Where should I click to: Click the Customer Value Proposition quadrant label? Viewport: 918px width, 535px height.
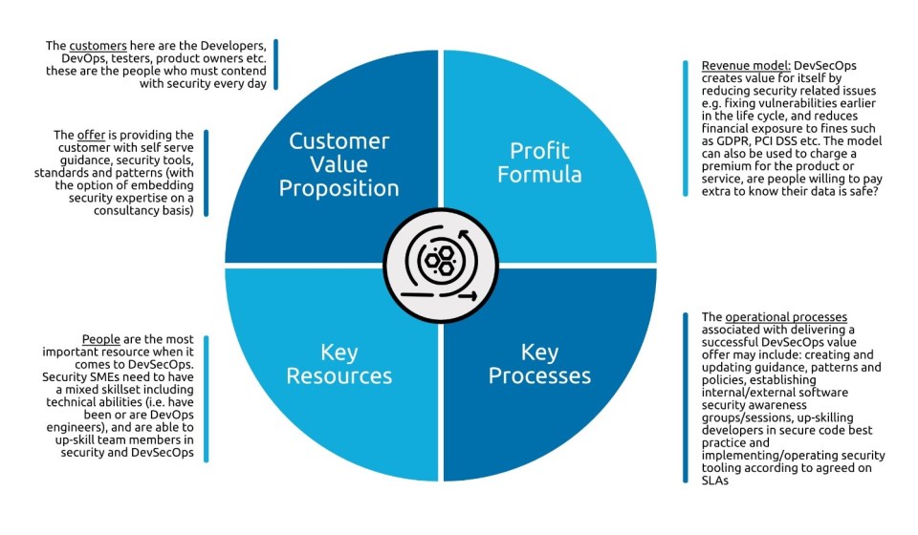tap(339, 164)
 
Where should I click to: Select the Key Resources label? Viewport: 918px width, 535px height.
tap(339, 364)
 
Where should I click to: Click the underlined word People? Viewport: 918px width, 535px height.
tap(99, 340)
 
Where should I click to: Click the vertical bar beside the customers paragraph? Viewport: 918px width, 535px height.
tap(275, 65)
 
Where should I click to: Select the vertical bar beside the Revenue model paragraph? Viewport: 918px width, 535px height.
tap(686, 127)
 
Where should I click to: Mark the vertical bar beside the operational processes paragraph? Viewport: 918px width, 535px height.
tap(686, 397)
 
